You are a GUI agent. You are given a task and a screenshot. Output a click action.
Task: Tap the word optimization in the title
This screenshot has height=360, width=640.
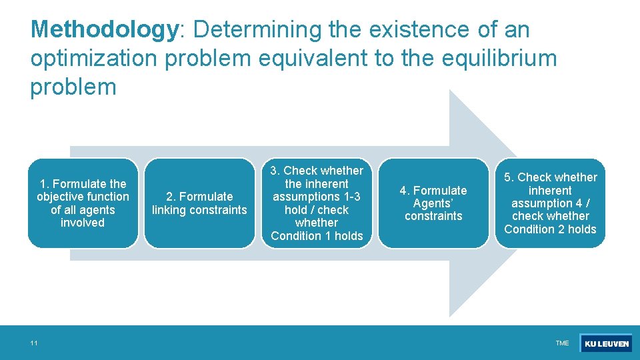(93, 59)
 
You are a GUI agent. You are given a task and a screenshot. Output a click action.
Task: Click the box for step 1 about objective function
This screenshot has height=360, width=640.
(83, 203)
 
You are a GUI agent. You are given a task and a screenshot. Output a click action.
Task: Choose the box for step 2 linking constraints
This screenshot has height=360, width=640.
(199, 203)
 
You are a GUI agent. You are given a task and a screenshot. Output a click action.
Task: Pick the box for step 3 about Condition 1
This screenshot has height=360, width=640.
(317, 203)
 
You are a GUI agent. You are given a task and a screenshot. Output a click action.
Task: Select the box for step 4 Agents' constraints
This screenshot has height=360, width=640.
(433, 203)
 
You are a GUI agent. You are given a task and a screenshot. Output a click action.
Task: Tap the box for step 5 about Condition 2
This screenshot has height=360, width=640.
(550, 203)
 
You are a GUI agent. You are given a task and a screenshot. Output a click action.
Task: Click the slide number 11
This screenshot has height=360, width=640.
(33, 343)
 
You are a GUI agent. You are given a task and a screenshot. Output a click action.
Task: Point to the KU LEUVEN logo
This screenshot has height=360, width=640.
(606, 343)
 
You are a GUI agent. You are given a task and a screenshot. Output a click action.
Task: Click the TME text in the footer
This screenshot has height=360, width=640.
(562, 343)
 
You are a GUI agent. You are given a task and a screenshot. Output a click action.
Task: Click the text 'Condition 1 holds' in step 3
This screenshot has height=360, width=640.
(317, 236)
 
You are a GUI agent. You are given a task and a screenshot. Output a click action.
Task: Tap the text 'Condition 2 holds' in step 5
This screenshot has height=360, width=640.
(550, 229)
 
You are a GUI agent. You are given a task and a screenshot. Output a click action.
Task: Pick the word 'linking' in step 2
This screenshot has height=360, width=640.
(171, 210)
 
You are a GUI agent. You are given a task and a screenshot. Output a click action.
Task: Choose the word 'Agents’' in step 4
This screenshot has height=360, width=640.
(433, 203)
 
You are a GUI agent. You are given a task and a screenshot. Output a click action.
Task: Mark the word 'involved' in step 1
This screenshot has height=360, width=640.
(83, 223)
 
